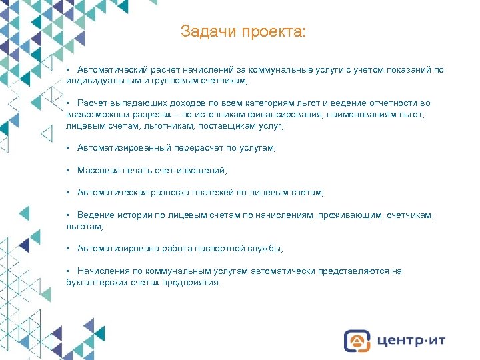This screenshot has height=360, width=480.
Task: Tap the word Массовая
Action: pos(96,170)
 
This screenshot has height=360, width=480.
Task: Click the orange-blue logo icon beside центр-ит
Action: pos(357,341)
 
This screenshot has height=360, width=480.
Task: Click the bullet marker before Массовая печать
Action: pos(69,171)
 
